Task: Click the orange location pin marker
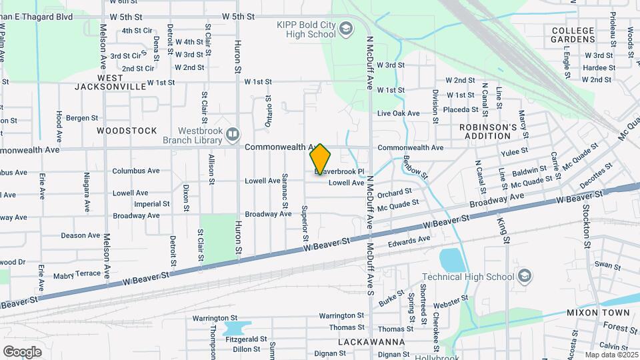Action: point(320,159)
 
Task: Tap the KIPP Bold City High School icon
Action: point(345,29)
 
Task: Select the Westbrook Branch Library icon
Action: point(232,135)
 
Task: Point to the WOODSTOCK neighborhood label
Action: point(127,131)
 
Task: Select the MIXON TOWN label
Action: point(598,312)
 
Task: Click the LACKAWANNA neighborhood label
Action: point(372,342)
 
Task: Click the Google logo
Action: point(22,351)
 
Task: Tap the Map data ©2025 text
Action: point(611,355)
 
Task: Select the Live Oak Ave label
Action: point(398,113)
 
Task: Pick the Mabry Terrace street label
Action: point(76,274)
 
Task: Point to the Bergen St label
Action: point(81,118)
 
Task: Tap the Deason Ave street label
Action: point(80,235)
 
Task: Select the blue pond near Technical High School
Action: point(451,259)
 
